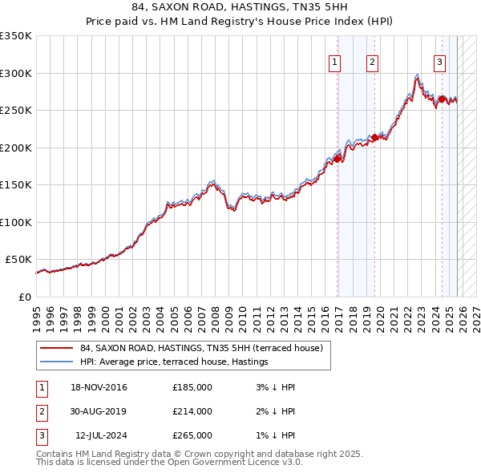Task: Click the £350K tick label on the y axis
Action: click(16, 36)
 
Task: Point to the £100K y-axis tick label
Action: click(16, 222)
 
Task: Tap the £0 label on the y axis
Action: click(26, 297)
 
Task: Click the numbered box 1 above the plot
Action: click(334, 63)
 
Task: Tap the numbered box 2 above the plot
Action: click(373, 63)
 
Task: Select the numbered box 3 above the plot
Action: click(440, 63)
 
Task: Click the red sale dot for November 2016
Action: click(338, 159)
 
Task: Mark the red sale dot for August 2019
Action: click(375, 137)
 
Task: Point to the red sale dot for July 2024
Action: click(442, 99)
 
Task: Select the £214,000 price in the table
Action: click(192, 411)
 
